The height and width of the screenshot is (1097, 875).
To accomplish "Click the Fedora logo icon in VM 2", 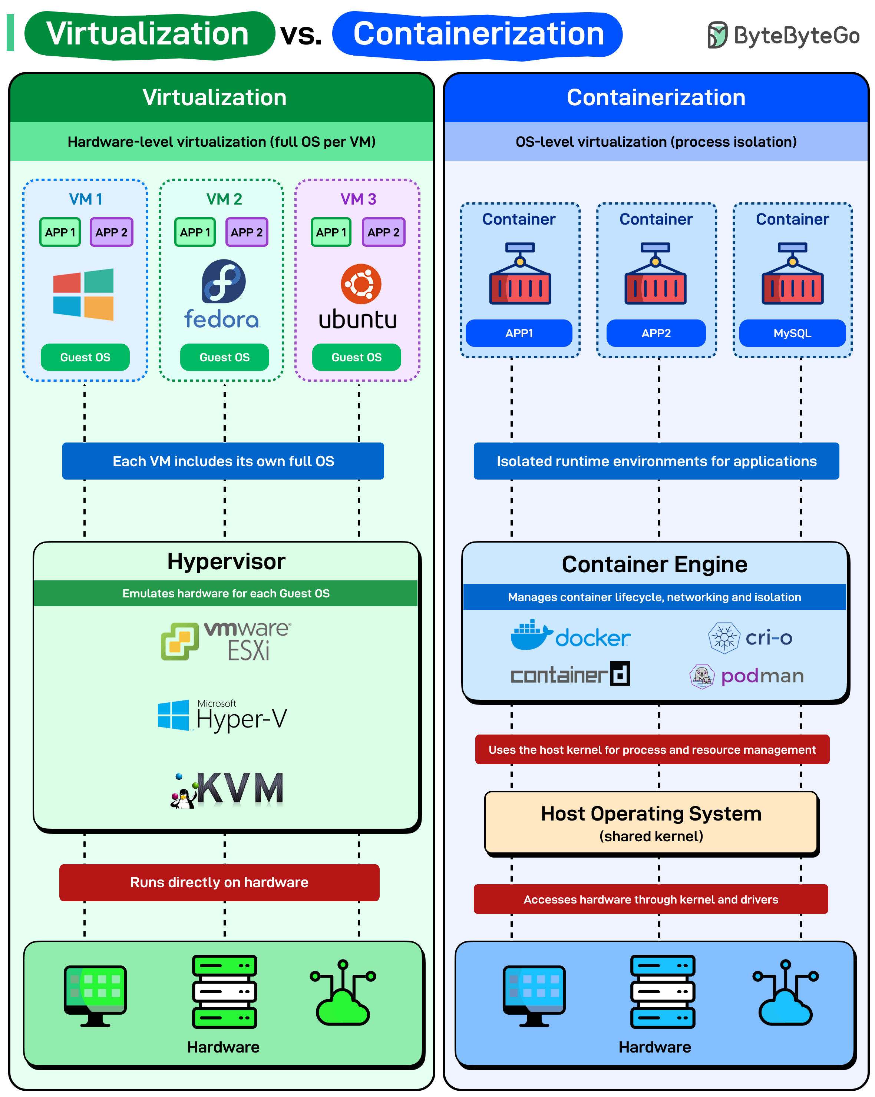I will pyautogui.click(x=224, y=281).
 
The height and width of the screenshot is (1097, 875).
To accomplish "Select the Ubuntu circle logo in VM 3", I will pyautogui.click(x=361, y=284).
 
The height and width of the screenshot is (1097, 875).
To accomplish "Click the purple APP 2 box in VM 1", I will pyautogui.click(x=112, y=232).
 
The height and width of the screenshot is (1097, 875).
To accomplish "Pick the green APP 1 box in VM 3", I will pyautogui.click(x=331, y=232).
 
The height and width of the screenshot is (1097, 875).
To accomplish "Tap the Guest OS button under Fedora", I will pyautogui.click(x=224, y=357).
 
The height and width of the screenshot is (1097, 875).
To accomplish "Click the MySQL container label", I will pyautogui.click(x=792, y=333).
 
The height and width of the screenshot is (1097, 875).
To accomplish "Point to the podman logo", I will pyautogui.click(x=747, y=676).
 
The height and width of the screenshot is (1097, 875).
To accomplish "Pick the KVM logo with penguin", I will pyautogui.click(x=227, y=789).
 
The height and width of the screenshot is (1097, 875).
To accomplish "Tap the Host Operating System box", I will pyautogui.click(x=651, y=822).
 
